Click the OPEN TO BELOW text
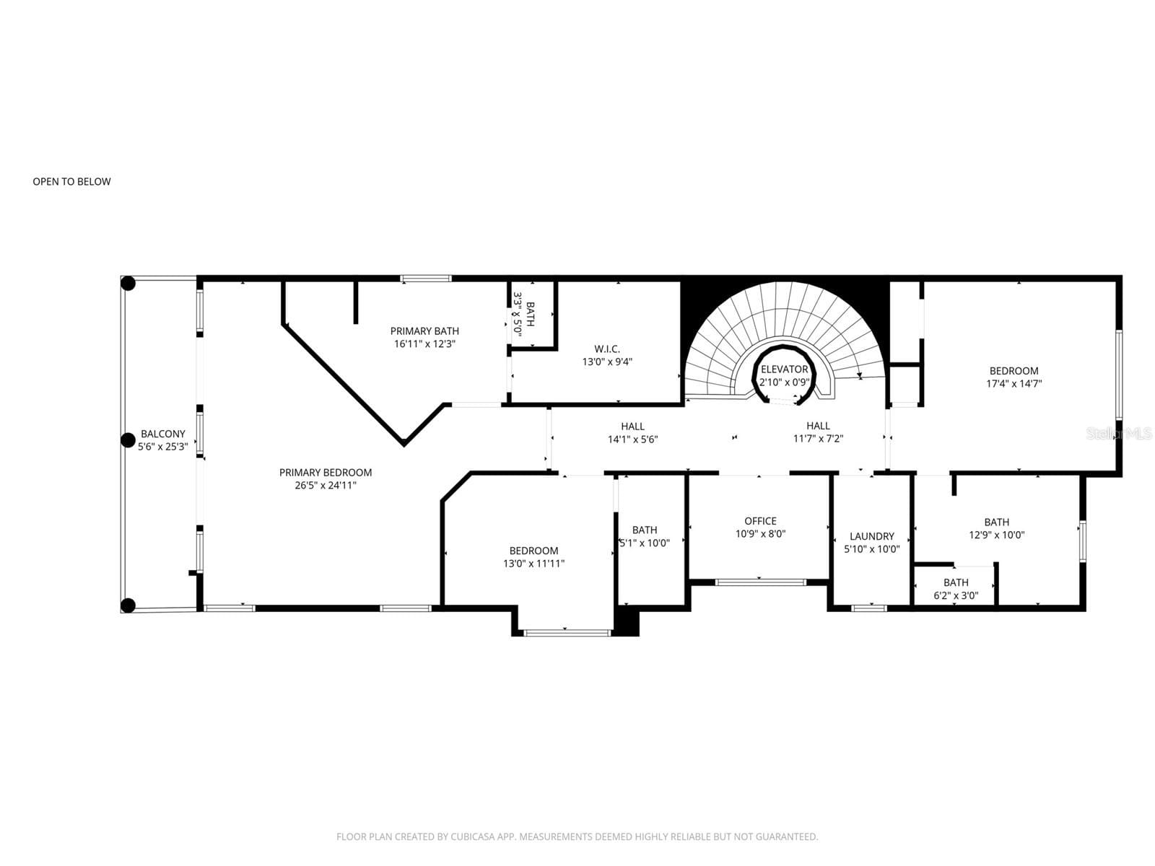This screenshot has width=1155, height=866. pyautogui.click(x=71, y=181)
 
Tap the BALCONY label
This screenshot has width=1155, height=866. pyautogui.click(x=163, y=434)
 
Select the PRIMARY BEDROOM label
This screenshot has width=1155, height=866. pyautogui.click(x=325, y=472)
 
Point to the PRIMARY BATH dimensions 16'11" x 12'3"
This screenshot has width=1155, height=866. pyautogui.click(x=424, y=344)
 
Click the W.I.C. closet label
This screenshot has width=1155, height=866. pyautogui.click(x=607, y=349)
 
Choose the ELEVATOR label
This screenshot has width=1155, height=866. pyautogui.click(x=784, y=369)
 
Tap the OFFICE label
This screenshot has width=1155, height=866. pyautogui.click(x=760, y=520)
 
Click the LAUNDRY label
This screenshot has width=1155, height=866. pyautogui.click(x=872, y=535)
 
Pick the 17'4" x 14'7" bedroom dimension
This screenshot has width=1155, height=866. pyautogui.click(x=1014, y=383)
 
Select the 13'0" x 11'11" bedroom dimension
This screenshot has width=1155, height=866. pyautogui.click(x=533, y=563)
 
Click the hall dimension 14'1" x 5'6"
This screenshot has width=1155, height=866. pyautogui.click(x=632, y=439)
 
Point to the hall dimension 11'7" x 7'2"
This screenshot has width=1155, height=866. pyautogui.click(x=818, y=439)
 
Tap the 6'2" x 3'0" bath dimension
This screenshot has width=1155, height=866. pyautogui.click(x=956, y=595)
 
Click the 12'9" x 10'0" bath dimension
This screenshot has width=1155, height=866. pyautogui.click(x=997, y=535)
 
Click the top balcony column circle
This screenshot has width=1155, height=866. pyautogui.click(x=128, y=284)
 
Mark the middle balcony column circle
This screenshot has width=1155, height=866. pyautogui.click(x=128, y=440)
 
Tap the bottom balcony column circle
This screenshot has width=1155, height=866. pyautogui.click(x=128, y=605)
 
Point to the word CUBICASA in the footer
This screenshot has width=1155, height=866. pyautogui.click(x=472, y=836)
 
